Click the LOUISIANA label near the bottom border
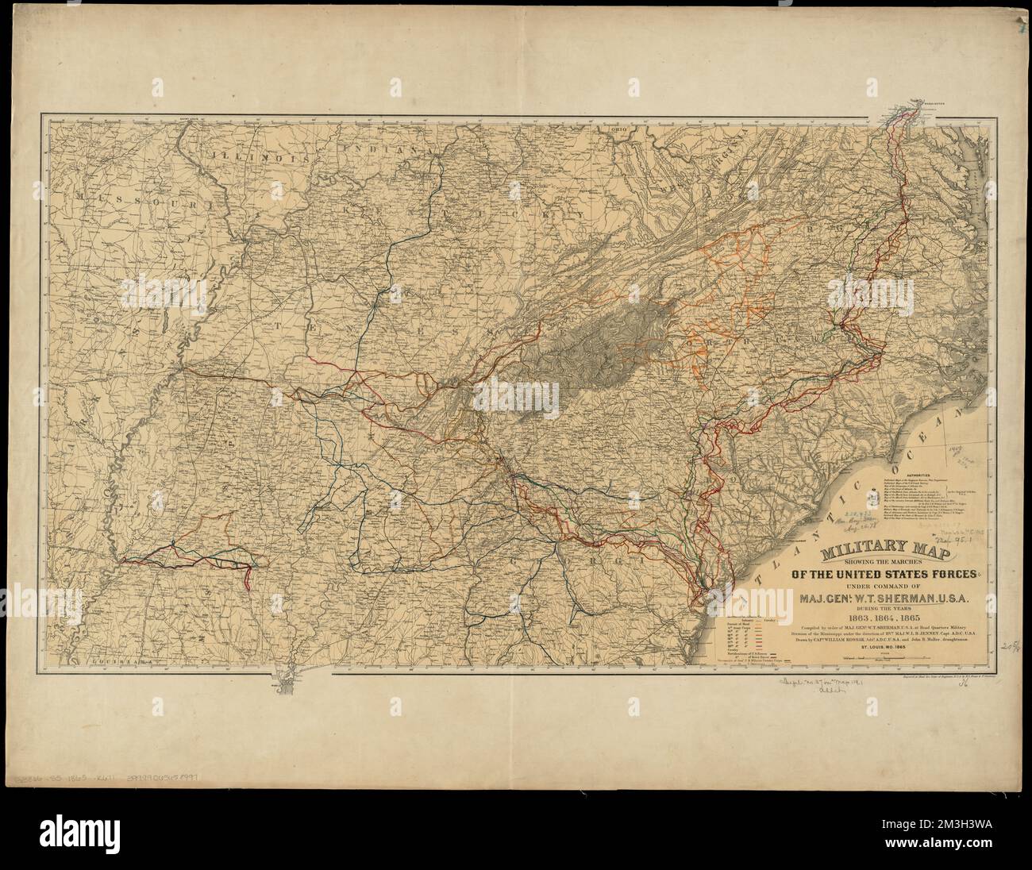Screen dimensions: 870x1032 click(x=117, y=660)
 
